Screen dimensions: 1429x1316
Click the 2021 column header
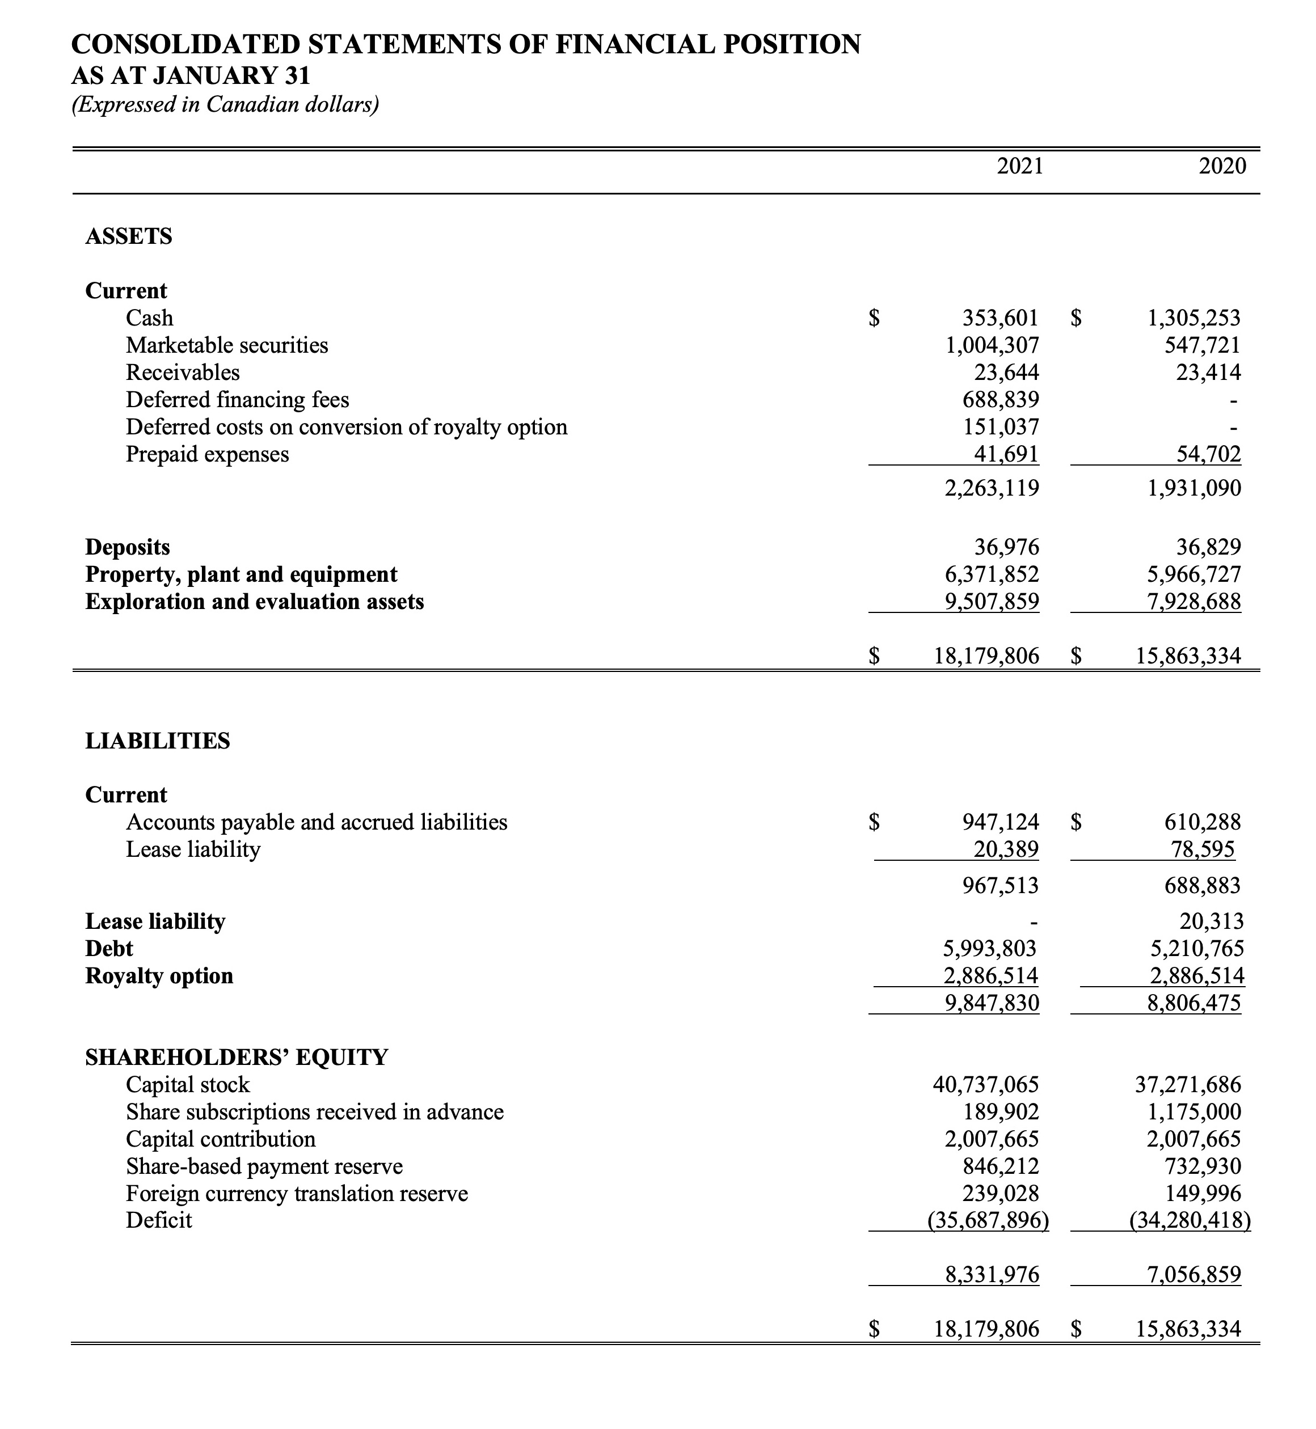point(1020,166)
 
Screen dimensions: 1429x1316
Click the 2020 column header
point(1222,166)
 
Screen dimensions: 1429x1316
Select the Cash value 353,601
point(1000,318)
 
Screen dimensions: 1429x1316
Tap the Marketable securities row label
point(226,345)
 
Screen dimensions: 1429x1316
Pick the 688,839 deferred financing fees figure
point(1000,399)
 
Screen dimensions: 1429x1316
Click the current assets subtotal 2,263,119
point(992,488)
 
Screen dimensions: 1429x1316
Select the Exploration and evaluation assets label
point(254,602)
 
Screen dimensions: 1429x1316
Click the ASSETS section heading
point(129,236)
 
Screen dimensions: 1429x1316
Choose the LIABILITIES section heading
point(157,741)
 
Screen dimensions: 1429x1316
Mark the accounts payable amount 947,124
point(1000,822)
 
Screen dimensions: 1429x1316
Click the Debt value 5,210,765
point(1197,948)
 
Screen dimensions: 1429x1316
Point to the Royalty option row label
point(159,975)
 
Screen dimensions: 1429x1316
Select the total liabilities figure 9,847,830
point(992,1003)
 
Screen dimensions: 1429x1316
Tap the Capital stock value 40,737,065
point(985,1084)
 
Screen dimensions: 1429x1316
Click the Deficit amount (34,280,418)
point(1190,1220)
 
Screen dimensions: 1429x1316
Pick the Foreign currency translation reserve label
point(297,1193)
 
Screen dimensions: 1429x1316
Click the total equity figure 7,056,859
point(1194,1274)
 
